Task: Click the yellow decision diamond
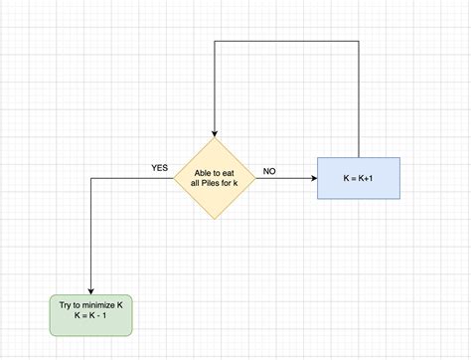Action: pos(214,178)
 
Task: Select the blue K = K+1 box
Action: pos(358,178)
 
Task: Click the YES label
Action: pos(160,167)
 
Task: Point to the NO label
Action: pos(269,171)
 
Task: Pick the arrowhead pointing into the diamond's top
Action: pos(214,134)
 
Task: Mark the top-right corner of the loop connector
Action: pos(358,42)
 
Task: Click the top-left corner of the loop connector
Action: pos(214,42)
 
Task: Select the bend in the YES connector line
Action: pos(91,178)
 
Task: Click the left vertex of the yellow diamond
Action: pos(174,178)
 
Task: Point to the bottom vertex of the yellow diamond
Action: pos(214,220)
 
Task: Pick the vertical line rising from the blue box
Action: pos(358,99)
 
